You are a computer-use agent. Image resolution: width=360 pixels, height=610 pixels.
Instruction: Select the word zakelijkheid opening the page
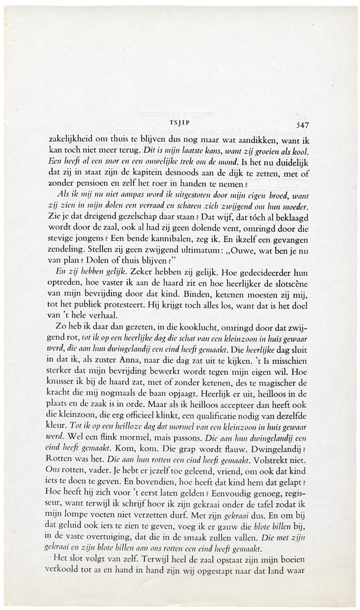coord(70,138)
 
